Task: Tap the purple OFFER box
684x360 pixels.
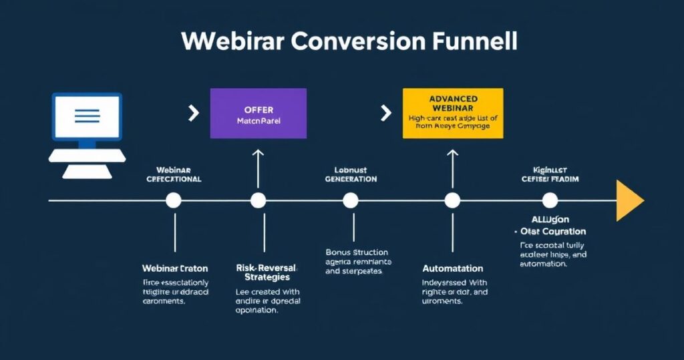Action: point(259,114)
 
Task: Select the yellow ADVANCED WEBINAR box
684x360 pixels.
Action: point(452,114)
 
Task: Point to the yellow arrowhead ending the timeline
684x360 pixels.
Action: point(629,200)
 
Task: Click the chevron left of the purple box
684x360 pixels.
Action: point(194,113)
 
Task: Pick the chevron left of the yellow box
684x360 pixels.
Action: point(385,113)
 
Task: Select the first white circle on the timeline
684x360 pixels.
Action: point(174,200)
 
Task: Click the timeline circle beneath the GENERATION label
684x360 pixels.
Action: point(351,200)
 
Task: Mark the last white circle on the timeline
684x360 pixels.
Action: point(550,200)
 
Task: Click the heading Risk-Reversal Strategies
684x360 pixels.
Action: point(267,272)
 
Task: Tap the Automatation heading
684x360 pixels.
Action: point(453,268)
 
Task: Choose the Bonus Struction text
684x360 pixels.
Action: point(357,252)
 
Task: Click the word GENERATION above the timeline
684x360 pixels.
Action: point(351,180)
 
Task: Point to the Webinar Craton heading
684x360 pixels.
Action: point(175,268)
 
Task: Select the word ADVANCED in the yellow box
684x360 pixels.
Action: point(452,99)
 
